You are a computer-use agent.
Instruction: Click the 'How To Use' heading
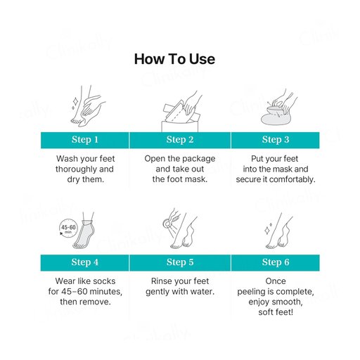tap(174, 59)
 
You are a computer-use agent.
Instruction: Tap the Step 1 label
tap(85, 139)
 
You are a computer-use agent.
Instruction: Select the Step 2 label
tap(180, 139)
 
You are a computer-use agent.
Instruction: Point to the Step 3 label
tap(276, 139)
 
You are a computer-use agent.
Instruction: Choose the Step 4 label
tap(85, 262)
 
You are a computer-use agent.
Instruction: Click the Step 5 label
tap(180, 262)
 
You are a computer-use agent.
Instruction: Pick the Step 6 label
tap(276, 262)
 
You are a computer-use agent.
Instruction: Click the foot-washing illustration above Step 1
tap(88, 106)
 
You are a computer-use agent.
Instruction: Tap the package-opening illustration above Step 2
tap(181, 111)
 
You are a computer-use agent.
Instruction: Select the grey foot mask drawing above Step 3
tap(276, 117)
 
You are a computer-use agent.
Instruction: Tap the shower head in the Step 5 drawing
tap(167, 223)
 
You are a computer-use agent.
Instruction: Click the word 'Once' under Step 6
tap(276, 281)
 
